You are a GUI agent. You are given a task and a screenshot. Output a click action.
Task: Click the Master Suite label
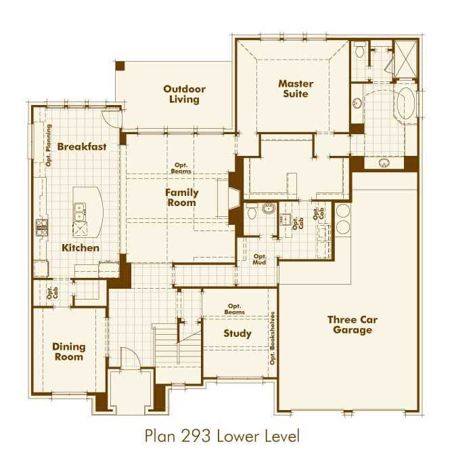[296, 89]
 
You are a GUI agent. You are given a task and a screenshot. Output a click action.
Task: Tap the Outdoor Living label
[184, 94]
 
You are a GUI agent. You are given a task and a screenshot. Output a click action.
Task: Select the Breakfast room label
[81, 146]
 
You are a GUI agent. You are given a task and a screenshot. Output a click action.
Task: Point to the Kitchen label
[81, 247]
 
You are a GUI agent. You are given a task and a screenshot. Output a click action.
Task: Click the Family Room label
[181, 197]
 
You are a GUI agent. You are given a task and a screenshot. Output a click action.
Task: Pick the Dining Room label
[68, 352]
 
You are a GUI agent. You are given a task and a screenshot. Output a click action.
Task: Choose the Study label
[238, 333]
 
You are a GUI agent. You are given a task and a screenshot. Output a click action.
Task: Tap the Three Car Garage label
[352, 325]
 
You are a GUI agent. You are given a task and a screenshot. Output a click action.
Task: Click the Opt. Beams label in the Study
[235, 309]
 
